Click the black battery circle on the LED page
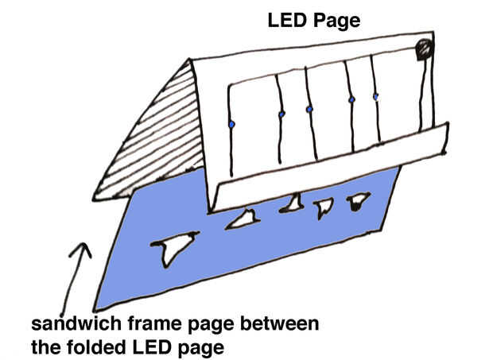coord(424,49)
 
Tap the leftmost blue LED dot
coord(231,125)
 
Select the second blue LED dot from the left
coord(281,114)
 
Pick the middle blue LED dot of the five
coord(309,110)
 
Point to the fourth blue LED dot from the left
coord(351,99)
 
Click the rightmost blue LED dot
coord(376,97)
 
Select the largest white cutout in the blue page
coord(174,247)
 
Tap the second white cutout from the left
coord(243,219)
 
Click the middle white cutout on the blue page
coord(293,203)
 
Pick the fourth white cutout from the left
coord(324,207)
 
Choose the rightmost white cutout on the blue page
coord(358,201)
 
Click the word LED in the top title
coord(286,21)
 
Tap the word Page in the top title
coord(336,21)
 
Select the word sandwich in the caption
coord(76,323)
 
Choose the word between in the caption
coord(280,324)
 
